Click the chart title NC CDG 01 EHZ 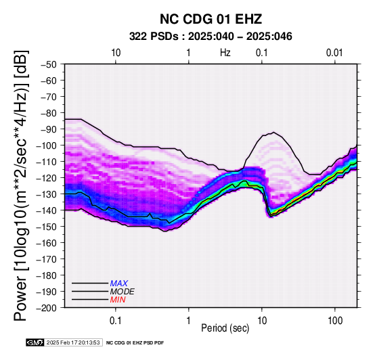pyautogui.click(x=211, y=19)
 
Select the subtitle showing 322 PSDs pyautogui.click(x=211, y=37)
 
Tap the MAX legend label pyautogui.click(x=119, y=284)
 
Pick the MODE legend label pyautogui.click(x=123, y=292)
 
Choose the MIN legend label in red pyautogui.click(x=118, y=300)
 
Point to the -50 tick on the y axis pyautogui.click(x=48, y=64)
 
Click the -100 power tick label pyautogui.click(x=46, y=145)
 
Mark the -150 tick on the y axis pyautogui.click(x=46, y=227)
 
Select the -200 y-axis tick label pyautogui.click(x=46, y=308)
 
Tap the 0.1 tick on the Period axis pyautogui.click(x=116, y=320)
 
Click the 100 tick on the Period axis pyautogui.click(x=335, y=320)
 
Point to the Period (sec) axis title pyautogui.click(x=225, y=328)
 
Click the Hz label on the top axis pyautogui.click(x=225, y=53)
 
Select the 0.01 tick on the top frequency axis pyautogui.click(x=334, y=53)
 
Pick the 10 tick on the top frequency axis pyautogui.click(x=116, y=53)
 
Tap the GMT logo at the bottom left pyautogui.click(x=35, y=342)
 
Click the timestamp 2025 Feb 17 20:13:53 pyautogui.click(x=73, y=342)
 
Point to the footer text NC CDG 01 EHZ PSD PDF pyautogui.click(x=135, y=343)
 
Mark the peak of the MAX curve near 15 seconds pyautogui.click(x=273, y=132)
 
